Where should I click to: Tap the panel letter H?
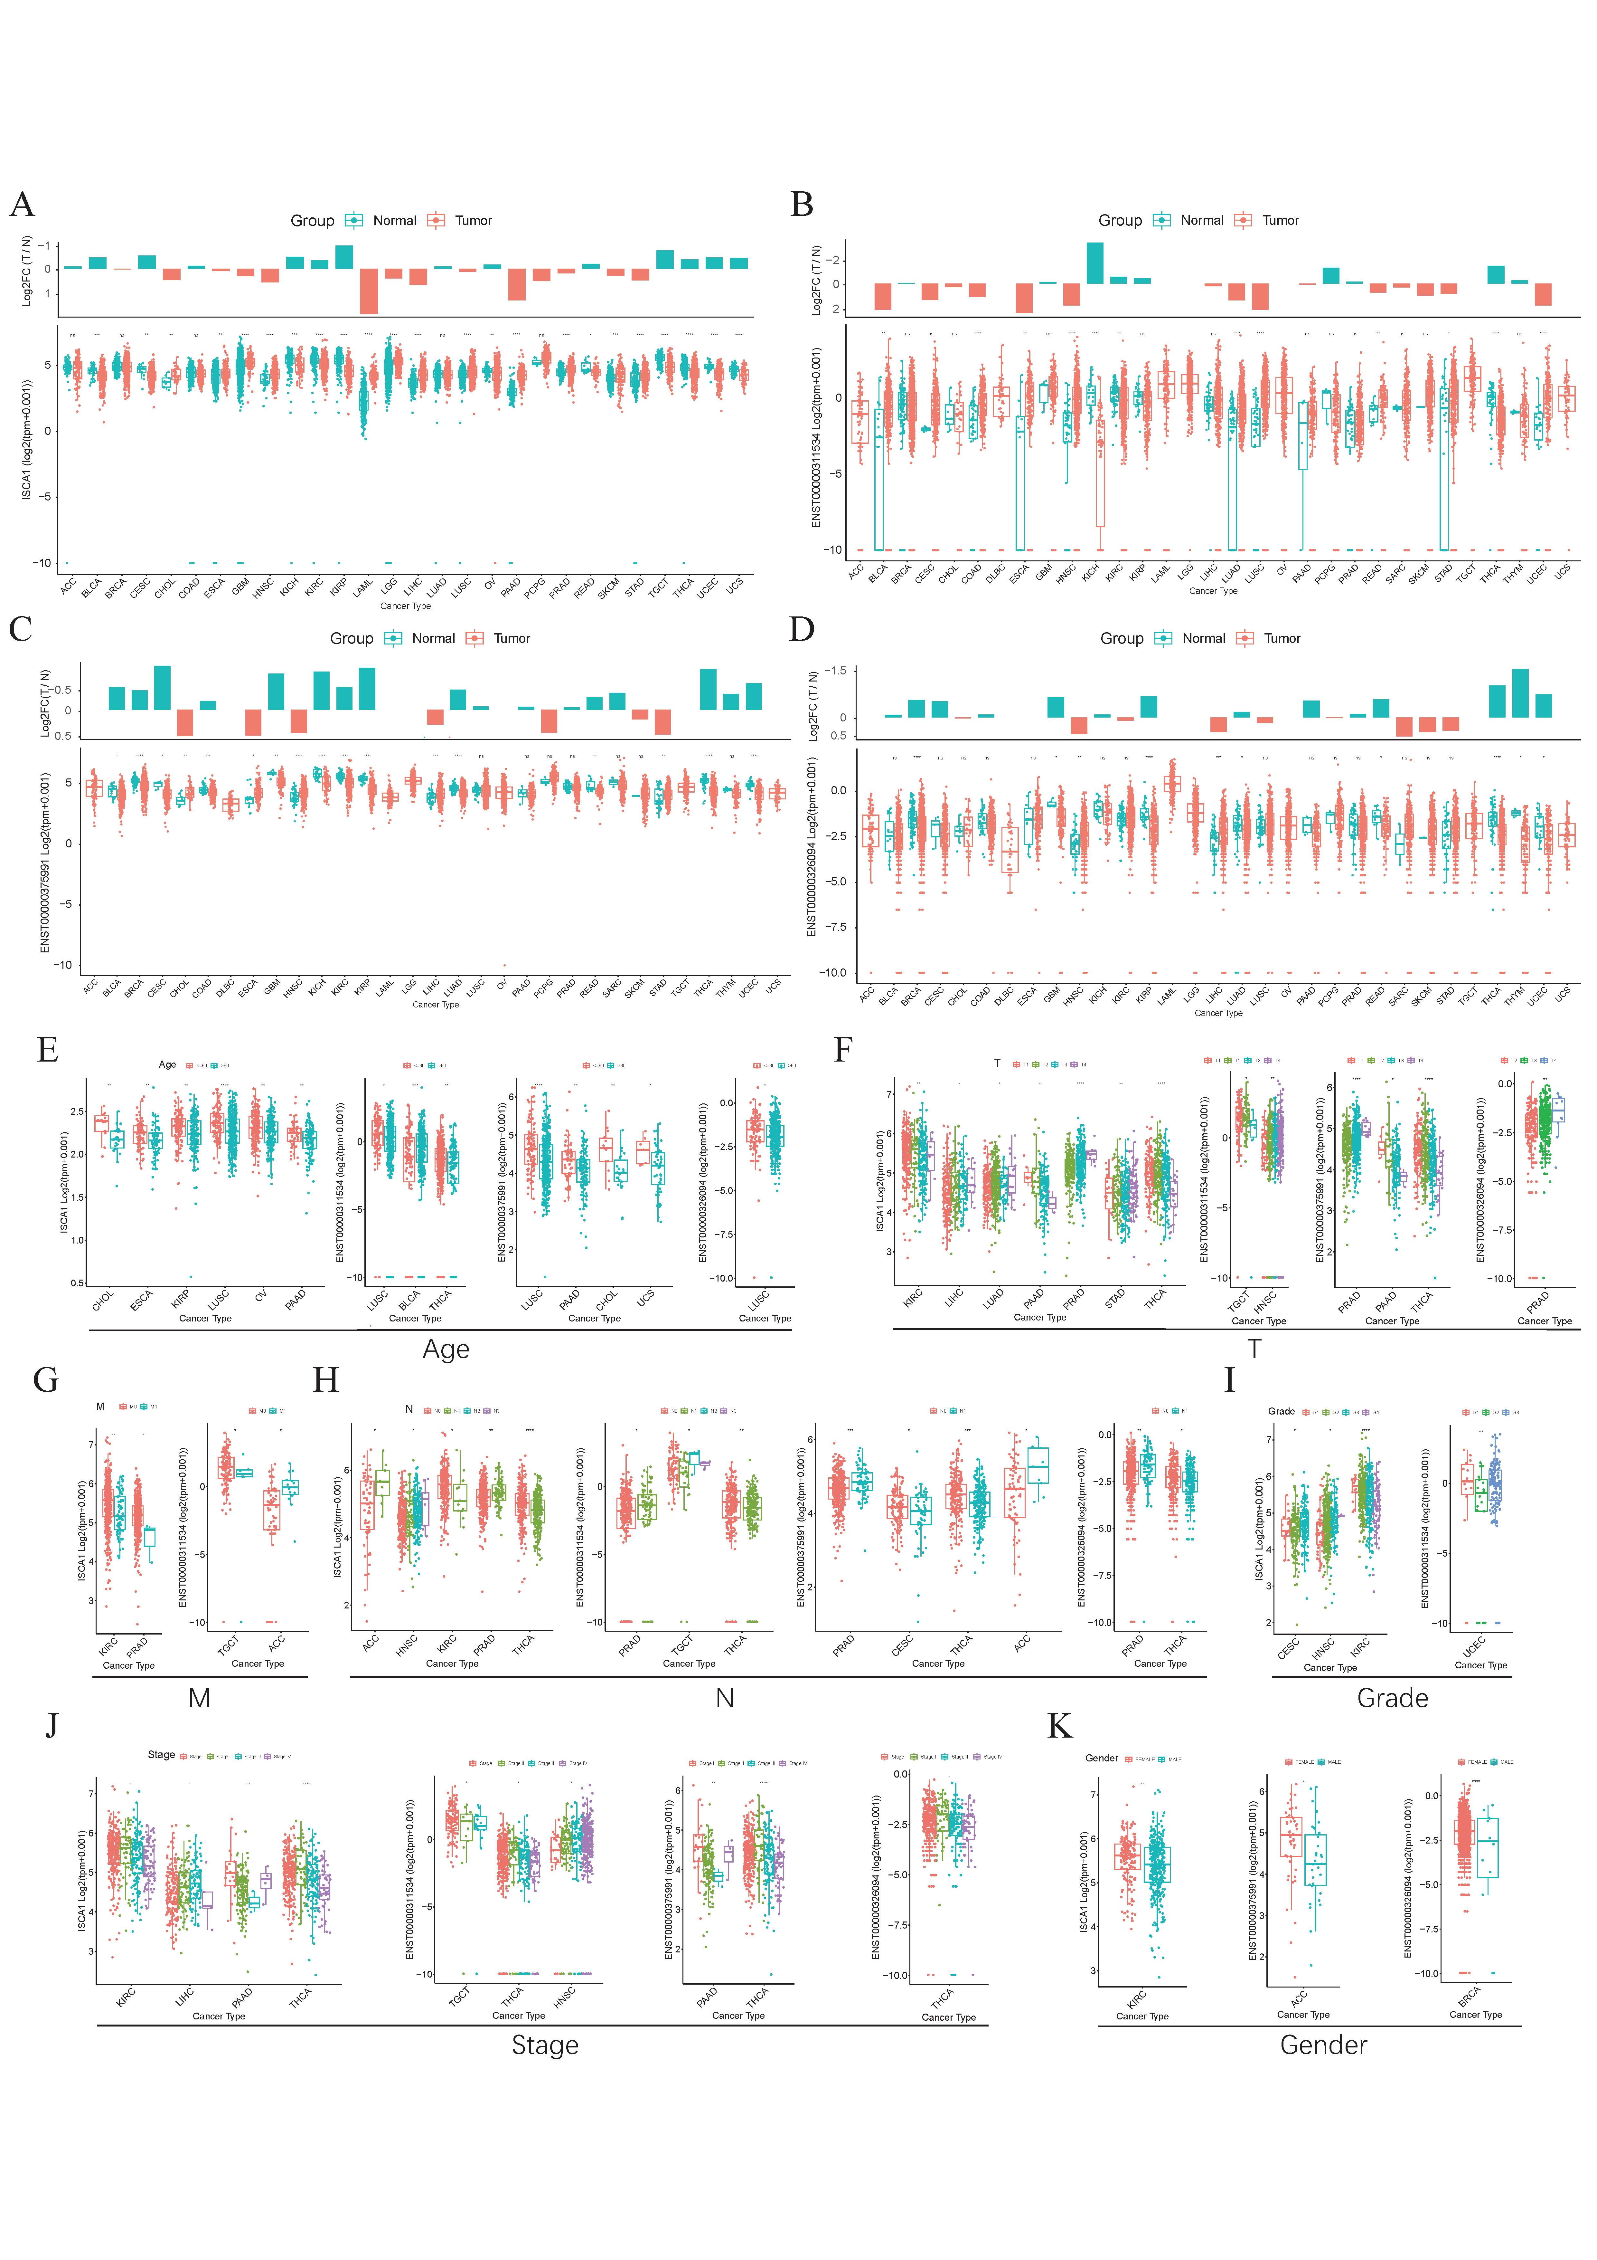pos(326,1381)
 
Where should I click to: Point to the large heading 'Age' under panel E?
pos(446,1349)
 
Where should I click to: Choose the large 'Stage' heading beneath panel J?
pos(544,2045)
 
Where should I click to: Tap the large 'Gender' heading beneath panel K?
pos(1323,2045)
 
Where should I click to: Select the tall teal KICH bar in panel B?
pos(1094,263)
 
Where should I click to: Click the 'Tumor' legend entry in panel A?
pos(472,221)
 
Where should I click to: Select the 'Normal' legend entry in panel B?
pos(1201,221)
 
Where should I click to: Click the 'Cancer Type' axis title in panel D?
pos(1218,1013)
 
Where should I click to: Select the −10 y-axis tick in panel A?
pos(41,563)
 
